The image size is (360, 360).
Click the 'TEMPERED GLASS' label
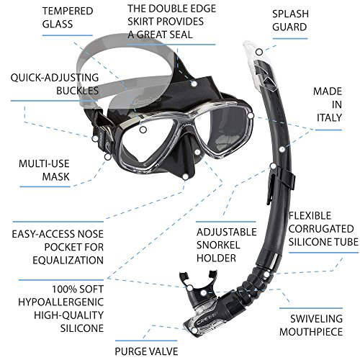coord(68,18)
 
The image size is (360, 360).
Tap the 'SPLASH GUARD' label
coord(290,20)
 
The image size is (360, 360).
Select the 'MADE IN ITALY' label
coord(328,104)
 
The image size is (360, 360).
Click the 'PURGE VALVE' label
coord(146,351)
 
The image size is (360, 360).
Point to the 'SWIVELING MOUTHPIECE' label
coord(311,325)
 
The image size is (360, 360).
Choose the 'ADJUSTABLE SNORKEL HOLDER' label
coord(227,245)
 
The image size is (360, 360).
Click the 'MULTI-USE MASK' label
coord(44,170)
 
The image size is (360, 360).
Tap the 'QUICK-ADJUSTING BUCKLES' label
coord(55,84)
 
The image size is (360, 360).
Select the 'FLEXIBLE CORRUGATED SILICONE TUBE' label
coord(323,229)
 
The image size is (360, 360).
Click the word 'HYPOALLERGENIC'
coord(61,302)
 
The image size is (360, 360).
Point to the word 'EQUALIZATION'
coord(68,260)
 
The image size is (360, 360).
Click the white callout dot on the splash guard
coord(259,52)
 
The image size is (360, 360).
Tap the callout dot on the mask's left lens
coord(143,130)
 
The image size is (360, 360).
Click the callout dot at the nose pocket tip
coord(185,177)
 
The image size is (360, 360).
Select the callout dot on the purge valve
coord(194,330)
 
